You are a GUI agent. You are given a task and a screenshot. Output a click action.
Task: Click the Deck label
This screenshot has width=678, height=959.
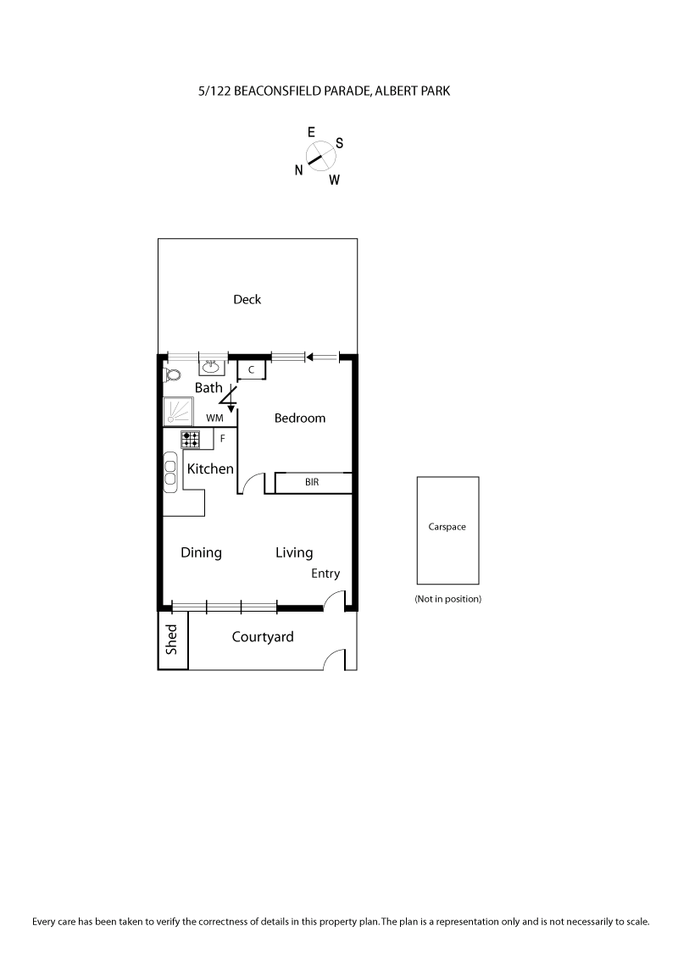click(247, 299)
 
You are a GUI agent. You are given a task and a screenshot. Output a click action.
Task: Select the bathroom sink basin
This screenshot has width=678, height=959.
click(212, 367)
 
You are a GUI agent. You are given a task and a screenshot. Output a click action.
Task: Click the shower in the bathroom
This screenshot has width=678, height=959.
click(179, 412)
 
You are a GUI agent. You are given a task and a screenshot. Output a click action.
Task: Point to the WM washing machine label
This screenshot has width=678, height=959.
click(214, 418)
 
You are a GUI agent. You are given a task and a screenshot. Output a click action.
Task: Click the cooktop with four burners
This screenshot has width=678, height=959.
click(191, 439)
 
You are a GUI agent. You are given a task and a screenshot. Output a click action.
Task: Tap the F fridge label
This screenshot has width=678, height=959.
click(223, 439)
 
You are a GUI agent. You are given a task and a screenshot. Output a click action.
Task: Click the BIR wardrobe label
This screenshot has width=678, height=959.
click(312, 483)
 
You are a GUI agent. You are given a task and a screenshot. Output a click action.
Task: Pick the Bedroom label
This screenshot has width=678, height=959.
click(300, 418)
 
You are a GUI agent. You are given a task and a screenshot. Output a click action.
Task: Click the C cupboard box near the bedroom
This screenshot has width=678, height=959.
click(252, 370)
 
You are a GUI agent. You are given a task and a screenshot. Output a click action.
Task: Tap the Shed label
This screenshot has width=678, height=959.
click(172, 640)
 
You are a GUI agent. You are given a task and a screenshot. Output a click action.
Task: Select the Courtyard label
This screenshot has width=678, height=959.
click(263, 637)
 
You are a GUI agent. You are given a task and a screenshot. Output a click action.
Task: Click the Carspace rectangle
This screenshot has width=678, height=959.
click(447, 530)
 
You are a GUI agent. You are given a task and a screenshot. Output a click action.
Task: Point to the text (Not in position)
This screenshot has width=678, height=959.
click(447, 599)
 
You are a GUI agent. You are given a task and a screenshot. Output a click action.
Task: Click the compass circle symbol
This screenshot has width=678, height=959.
click(319, 155)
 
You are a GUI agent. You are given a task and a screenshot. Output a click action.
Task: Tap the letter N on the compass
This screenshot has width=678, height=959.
click(299, 169)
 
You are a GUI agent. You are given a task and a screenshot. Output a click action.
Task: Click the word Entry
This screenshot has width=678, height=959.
click(325, 574)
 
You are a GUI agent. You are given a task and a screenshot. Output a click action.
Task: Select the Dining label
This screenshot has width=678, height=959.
click(202, 552)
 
